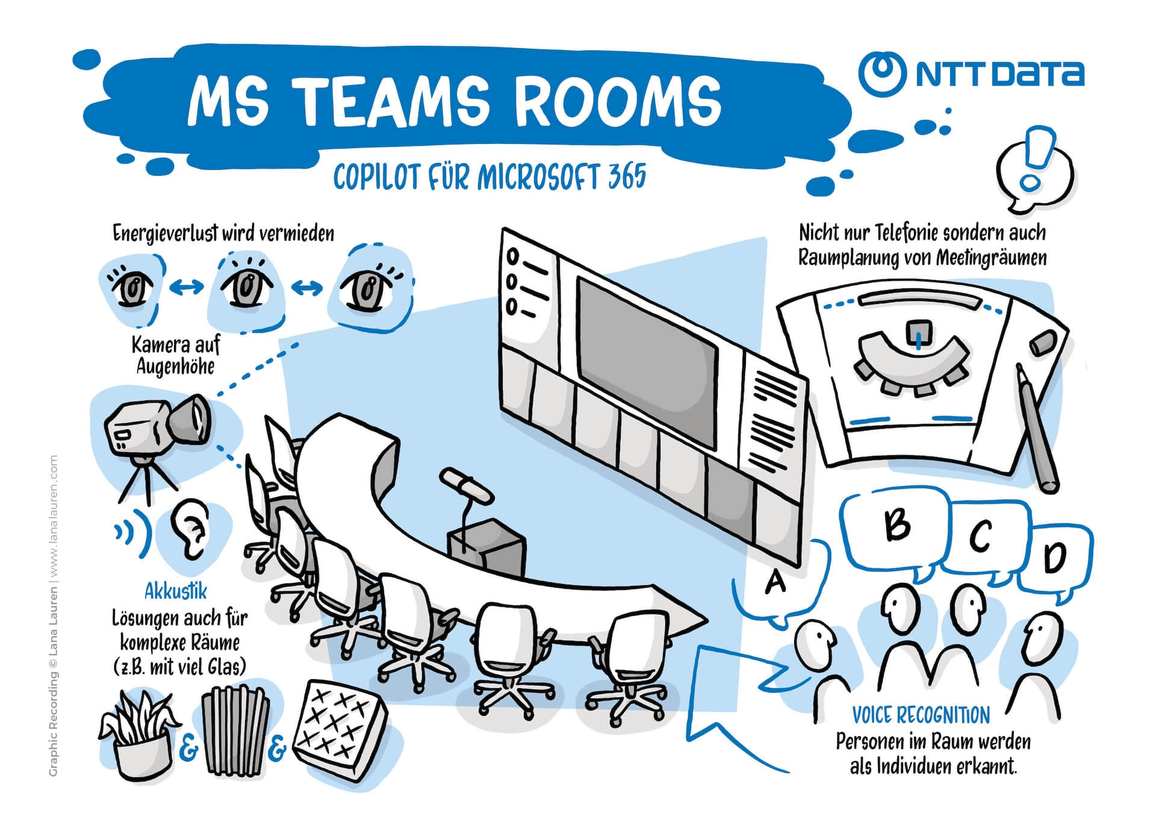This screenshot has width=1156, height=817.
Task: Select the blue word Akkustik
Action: pyautogui.click(x=175, y=592)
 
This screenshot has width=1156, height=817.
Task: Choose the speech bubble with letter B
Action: pyautogui.click(x=897, y=525)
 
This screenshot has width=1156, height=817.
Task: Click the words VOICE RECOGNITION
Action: pyautogui.click(x=921, y=715)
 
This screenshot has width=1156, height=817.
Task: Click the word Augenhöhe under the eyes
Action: pyautogui.click(x=175, y=366)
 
